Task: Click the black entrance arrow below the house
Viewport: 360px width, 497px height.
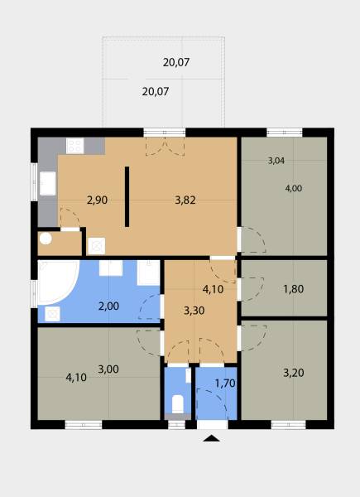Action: pos(211,438)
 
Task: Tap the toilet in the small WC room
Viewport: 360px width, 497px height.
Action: pos(178,404)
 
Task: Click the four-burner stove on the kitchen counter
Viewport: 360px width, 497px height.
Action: pos(75,146)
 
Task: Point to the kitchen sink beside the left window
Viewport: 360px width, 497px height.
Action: pos(48,183)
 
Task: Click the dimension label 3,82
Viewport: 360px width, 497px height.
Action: pos(185,200)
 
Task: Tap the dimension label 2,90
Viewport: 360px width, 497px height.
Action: pos(97,200)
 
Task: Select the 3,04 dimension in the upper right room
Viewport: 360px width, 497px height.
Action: pos(276,161)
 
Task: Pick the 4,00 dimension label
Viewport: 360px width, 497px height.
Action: pos(294,188)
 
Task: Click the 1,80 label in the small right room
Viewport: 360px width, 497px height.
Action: pos(294,289)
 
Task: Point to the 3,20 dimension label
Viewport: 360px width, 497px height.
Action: pos(294,373)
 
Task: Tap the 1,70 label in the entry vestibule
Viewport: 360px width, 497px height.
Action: pos(225,384)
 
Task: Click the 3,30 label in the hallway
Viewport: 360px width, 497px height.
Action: pos(194,311)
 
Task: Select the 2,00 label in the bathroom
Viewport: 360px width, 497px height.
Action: pos(108,306)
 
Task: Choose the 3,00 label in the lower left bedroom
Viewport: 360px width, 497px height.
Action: pos(108,369)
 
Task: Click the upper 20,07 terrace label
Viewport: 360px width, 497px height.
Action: pos(176,62)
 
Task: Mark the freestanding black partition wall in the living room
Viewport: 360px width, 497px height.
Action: pos(127,197)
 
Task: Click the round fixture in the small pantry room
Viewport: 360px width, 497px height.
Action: pos(46,239)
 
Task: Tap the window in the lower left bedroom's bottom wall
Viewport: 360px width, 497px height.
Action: pos(84,425)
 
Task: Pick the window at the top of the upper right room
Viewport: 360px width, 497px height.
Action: pos(285,133)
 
